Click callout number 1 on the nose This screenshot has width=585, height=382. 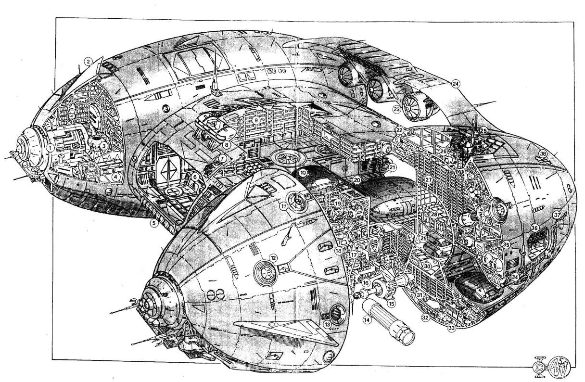(x=50, y=148)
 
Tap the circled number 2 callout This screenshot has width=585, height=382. (x=88, y=61)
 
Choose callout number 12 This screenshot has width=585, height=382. (x=272, y=257)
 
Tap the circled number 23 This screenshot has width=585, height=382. (x=396, y=109)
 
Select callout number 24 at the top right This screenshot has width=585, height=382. (x=456, y=83)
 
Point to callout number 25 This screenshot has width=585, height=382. (x=483, y=130)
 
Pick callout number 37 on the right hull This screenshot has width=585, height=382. (x=557, y=215)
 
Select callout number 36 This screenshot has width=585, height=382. (x=534, y=228)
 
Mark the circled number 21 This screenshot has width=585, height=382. (x=393, y=167)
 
